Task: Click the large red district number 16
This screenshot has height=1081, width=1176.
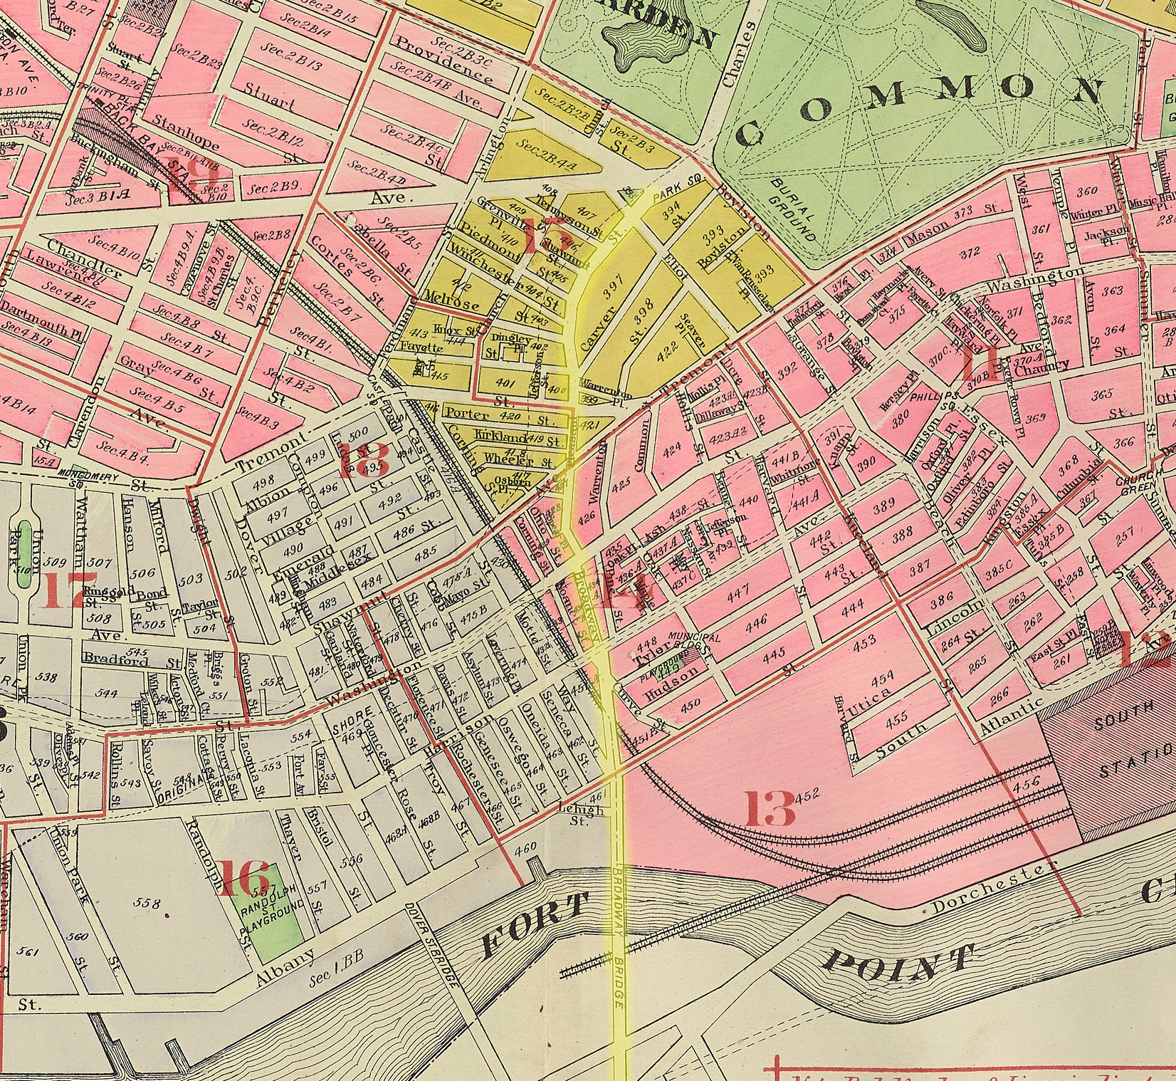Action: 244,879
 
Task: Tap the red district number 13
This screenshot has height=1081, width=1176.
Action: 770,808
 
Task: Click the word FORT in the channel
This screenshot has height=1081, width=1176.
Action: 537,925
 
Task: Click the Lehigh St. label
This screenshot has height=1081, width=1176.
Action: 586,814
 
